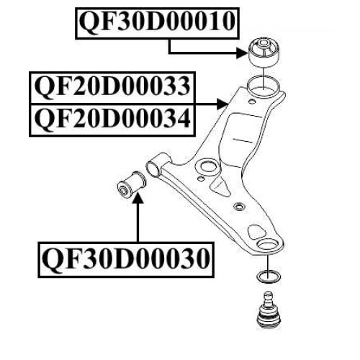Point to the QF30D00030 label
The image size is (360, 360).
(126, 260)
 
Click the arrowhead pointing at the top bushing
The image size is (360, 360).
(242, 53)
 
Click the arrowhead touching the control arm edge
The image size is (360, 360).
(222, 104)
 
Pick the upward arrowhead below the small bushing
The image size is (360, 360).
(138, 197)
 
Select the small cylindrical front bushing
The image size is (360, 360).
(131, 185)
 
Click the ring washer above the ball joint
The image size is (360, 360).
(269, 276)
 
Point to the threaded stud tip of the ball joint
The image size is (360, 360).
(268, 294)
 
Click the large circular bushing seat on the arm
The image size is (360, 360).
(264, 87)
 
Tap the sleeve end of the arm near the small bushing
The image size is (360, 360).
(153, 168)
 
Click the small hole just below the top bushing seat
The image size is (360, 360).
(251, 102)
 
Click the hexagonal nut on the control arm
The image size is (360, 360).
(239, 207)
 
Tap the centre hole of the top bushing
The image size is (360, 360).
(264, 43)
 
